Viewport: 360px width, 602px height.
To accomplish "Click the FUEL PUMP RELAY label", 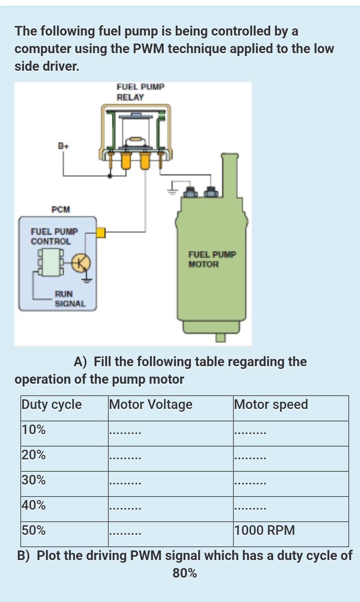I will pyautogui.click(x=140, y=92).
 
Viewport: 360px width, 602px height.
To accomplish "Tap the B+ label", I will pyautogui.click(x=63, y=146).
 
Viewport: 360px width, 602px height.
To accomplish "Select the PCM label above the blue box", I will pyautogui.click(x=61, y=209).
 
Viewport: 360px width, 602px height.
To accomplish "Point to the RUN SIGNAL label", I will pyautogui.click(x=70, y=299).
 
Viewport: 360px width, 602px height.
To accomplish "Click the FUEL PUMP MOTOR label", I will pyautogui.click(x=212, y=259).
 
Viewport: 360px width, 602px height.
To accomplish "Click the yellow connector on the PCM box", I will pyautogui.click(x=101, y=232).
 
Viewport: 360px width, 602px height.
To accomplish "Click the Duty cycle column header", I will pyautogui.click(x=52, y=405).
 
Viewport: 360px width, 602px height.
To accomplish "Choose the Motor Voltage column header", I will pyautogui.click(x=151, y=405).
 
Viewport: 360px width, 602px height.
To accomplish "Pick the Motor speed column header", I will pyautogui.click(x=271, y=405).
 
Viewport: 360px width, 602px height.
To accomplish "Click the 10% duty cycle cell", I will pyautogui.click(x=34, y=430).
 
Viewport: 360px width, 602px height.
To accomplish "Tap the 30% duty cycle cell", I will pyautogui.click(x=34, y=480).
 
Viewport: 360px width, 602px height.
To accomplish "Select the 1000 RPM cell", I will pyautogui.click(x=265, y=530).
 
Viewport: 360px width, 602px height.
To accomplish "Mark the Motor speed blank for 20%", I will pyautogui.click(x=250, y=458).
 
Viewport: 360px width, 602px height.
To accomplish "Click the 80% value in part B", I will pyautogui.click(x=185, y=573).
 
